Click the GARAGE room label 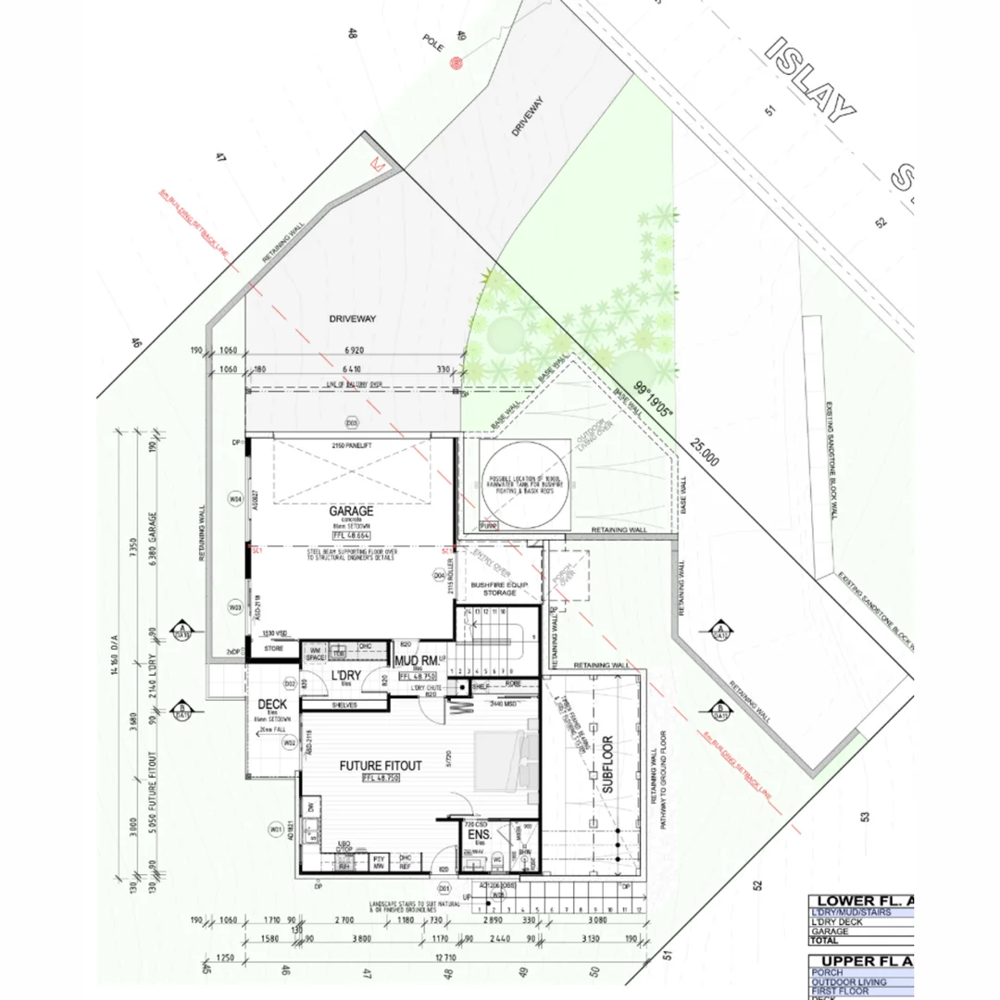click(x=350, y=511)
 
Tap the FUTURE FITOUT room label click(x=380, y=766)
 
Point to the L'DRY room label click(x=344, y=676)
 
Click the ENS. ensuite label click(x=479, y=833)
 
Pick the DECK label click(x=272, y=705)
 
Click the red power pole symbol click(x=455, y=63)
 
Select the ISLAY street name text click(x=811, y=80)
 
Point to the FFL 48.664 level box click(x=350, y=536)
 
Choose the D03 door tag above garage click(x=352, y=423)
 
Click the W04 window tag click(x=235, y=499)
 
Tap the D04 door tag click(x=440, y=575)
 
